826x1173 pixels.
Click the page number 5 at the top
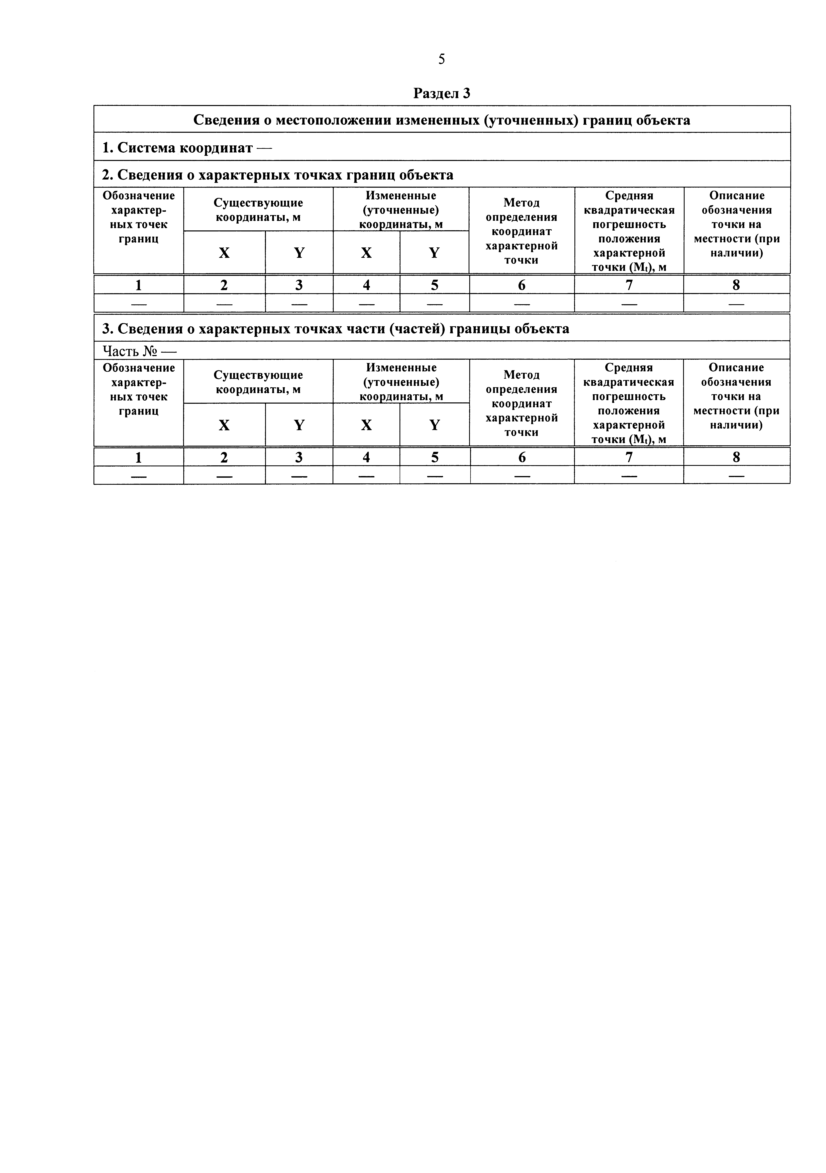coord(441,60)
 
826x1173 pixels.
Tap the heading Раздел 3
coord(441,94)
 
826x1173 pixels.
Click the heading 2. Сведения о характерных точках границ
coord(277,175)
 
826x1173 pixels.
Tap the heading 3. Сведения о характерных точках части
coord(336,328)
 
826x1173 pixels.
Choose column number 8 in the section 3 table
coord(736,457)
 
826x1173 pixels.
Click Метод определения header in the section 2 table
coord(522,231)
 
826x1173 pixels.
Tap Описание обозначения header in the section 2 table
coord(737,224)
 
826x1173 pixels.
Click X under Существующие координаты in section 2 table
coord(224,253)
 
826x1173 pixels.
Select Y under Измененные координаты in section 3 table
coord(434,425)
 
